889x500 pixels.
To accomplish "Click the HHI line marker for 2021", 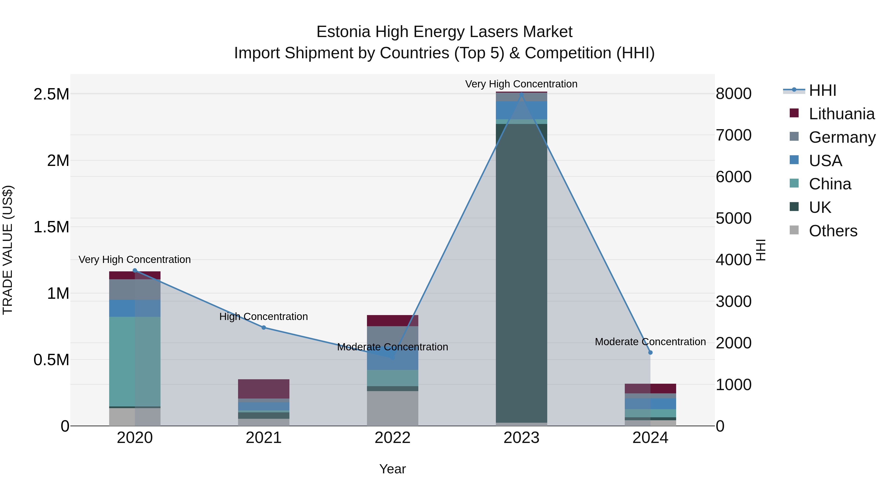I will point(264,327).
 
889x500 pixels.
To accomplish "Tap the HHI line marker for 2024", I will point(650,352).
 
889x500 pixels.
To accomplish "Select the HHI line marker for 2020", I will point(135,271).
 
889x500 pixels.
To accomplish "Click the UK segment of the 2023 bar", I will point(521,273).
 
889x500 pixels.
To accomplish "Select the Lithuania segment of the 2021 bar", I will point(264,389).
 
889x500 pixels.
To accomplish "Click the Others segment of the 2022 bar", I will point(392,408).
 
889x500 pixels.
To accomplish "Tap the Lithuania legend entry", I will point(841,114).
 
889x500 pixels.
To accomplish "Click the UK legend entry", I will point(820,207).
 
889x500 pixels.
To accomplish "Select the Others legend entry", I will point(833,231).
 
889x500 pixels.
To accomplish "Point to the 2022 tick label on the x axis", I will point(392,438).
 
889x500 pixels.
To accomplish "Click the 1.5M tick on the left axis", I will point(51,227).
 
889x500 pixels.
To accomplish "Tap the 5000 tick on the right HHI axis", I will point(733,219).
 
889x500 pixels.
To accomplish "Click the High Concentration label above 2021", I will point(264,317).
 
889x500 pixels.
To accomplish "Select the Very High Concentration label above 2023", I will point(521,84).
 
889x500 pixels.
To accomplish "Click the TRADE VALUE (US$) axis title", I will point(8,250).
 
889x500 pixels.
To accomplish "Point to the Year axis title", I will point(392,469).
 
